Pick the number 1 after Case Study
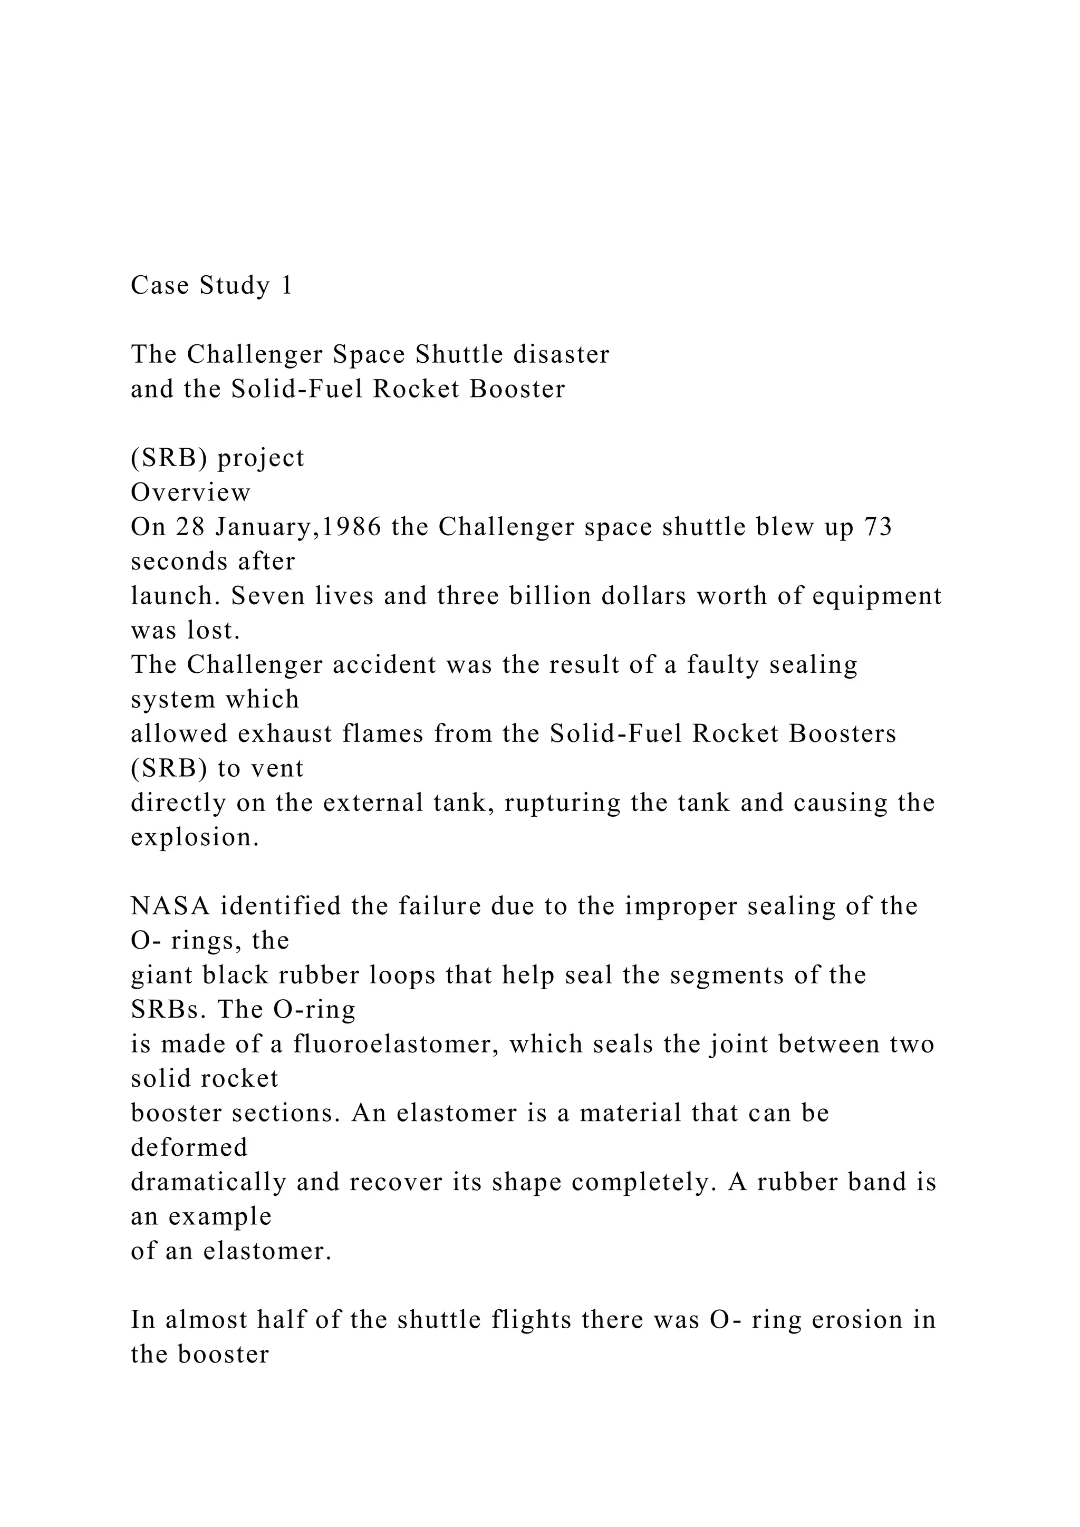click(287, 285)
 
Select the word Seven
click(268, 596)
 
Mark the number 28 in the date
click(191, 527)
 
